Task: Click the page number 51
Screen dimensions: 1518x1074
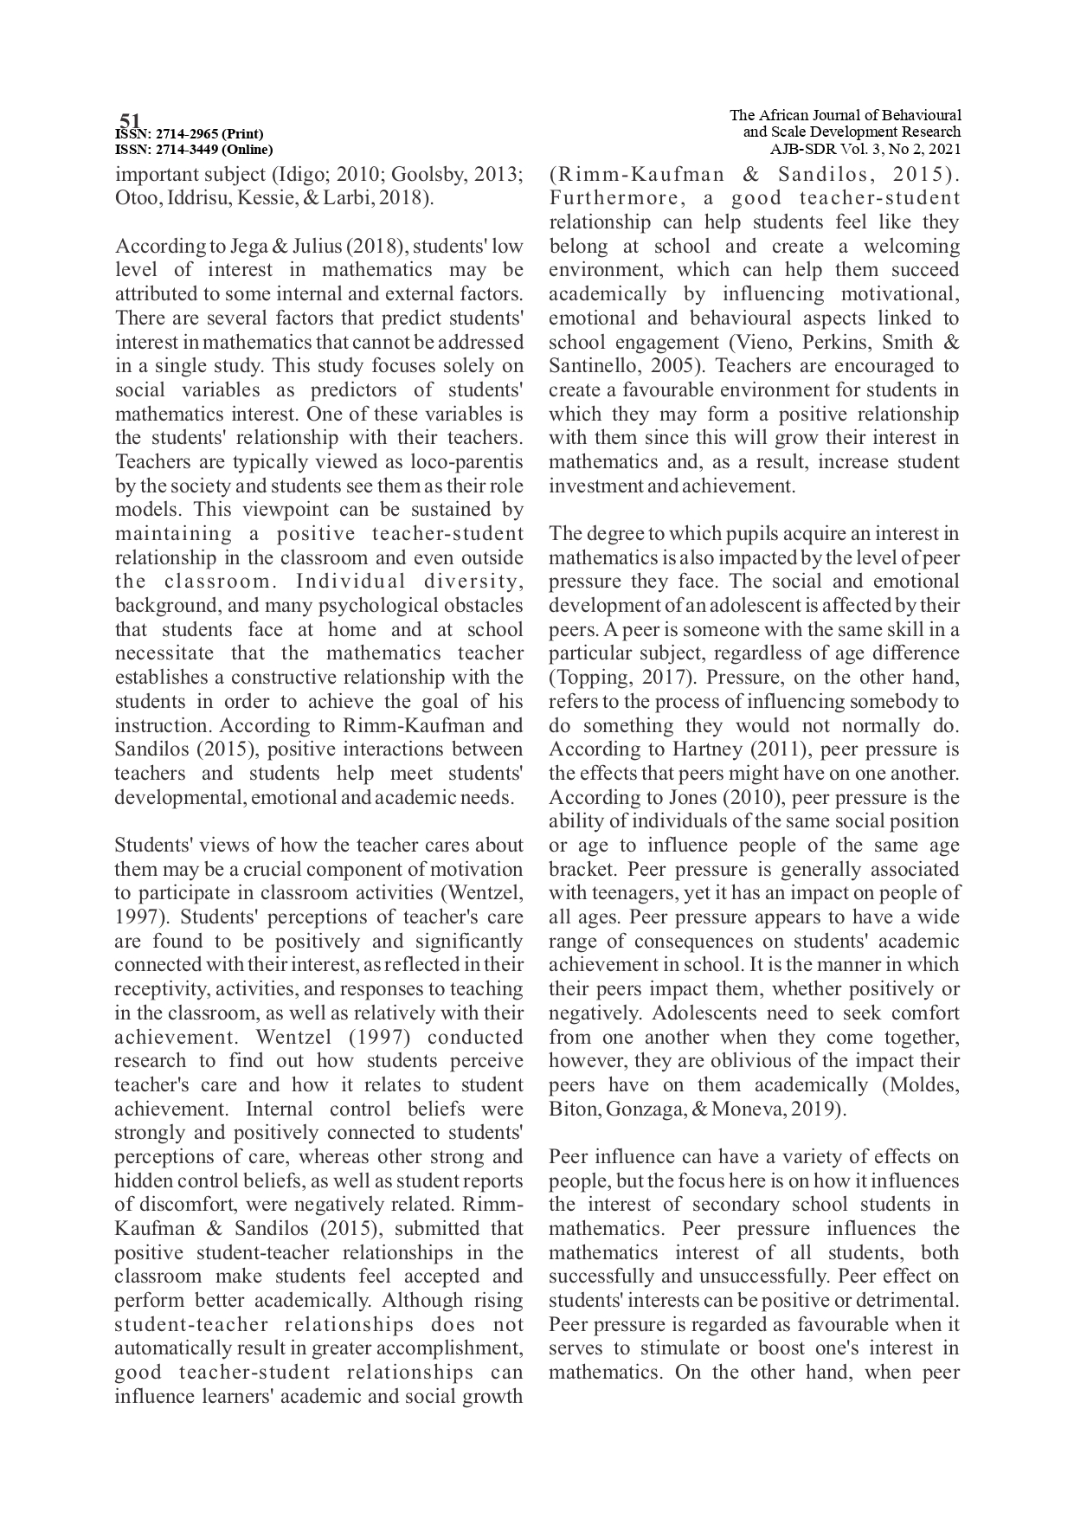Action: click(130, 120)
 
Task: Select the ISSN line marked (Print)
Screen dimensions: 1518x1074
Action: click(189, 134)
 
